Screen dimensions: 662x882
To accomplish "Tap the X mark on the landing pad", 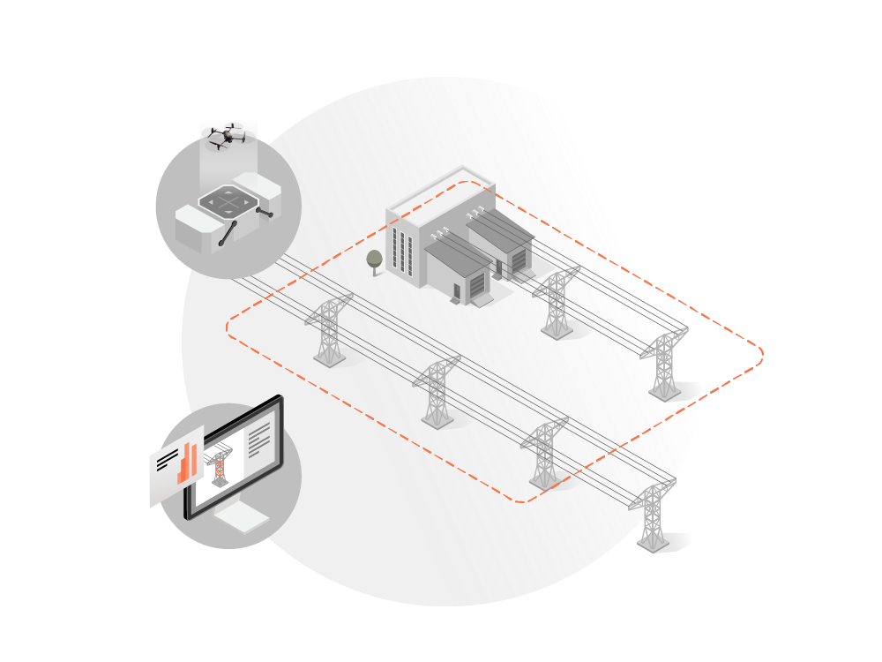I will pyautogui.click(x=229, y=201).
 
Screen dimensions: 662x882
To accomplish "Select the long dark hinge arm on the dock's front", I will pyautogui.click(x=228, y=233).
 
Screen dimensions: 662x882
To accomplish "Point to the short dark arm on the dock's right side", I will pyautogui.click(x=264, y=212).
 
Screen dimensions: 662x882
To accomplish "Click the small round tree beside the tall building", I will pyautogui.click(x=374, y=259).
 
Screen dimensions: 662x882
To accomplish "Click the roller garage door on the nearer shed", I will pyautogui.click(x=477, y=284).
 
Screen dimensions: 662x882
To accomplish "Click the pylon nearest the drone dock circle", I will pyautogui.click(x=328, y=330).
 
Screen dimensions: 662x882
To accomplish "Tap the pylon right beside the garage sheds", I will pyautogui.click(x=556, y=305).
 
